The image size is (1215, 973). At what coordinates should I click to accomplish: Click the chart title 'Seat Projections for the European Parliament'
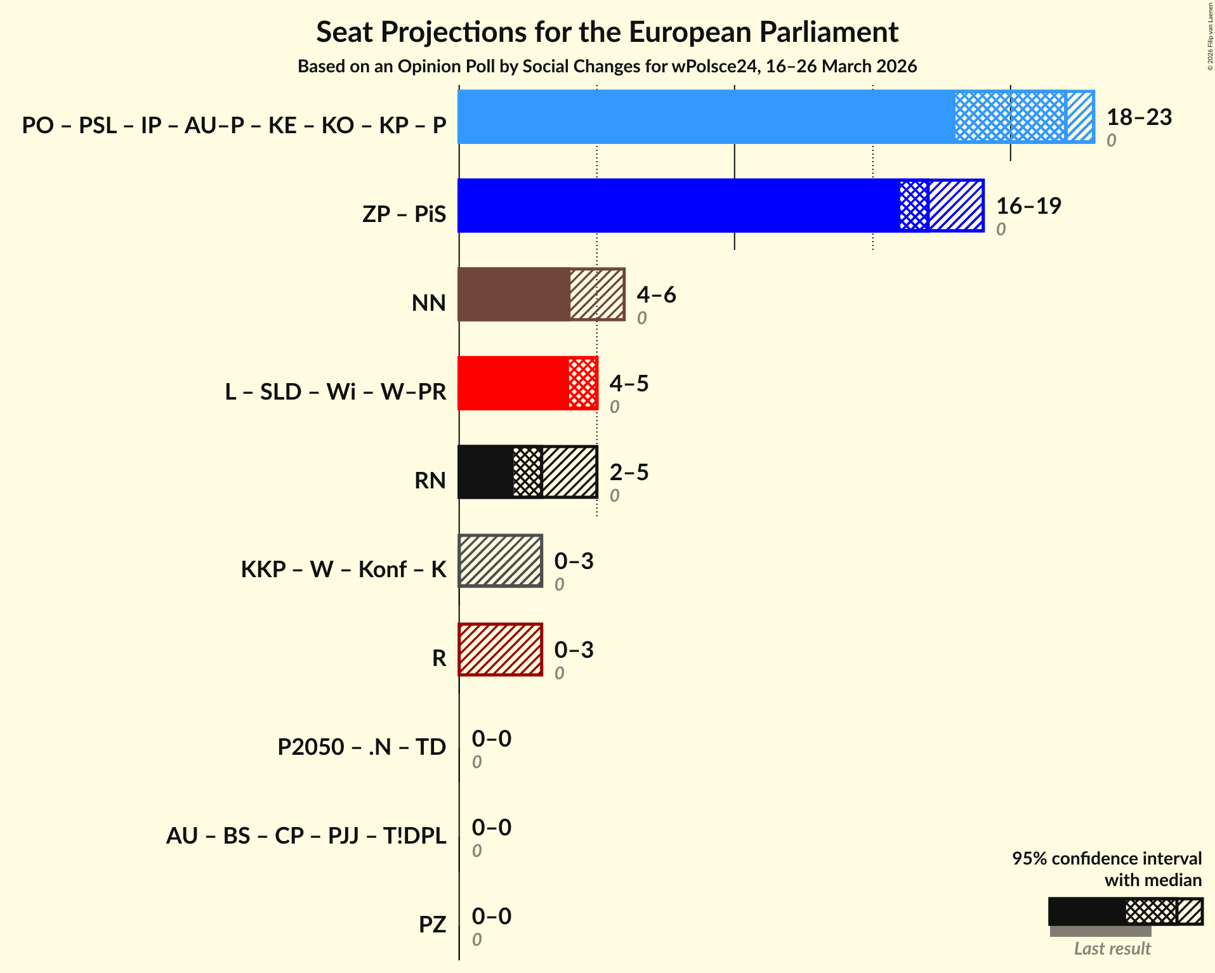[607, 32]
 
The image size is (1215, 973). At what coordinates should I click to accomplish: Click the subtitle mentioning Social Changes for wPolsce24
[607, 67]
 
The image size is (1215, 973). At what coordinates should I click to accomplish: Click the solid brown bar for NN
[513, 294]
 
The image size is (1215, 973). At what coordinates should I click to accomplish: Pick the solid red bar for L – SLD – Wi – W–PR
[513, 383]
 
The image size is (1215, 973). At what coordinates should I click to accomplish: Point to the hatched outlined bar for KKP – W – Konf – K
[501, 561]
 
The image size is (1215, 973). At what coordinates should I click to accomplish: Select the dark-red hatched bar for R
[501, 650]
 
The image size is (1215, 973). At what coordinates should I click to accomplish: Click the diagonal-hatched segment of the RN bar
[569, 472]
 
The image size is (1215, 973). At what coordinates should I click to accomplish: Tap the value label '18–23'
[1139, 117]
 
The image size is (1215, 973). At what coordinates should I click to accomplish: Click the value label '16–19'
[1028, 206]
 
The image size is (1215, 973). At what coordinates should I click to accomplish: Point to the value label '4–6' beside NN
[656, 295]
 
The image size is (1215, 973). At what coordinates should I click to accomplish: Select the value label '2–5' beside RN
[629, 473]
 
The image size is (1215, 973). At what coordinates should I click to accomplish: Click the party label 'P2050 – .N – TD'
[362, 747]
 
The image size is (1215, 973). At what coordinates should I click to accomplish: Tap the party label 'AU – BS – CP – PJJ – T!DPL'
[306, 835]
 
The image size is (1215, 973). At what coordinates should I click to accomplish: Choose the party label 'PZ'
[432, 924]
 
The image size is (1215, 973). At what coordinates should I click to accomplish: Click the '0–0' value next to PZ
[491, 917]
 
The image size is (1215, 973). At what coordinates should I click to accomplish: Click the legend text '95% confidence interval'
[1106, 858]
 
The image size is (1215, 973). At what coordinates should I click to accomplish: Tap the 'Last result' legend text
[1112, 948]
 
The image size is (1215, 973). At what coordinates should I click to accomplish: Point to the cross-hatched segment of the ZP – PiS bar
[914, 206]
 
